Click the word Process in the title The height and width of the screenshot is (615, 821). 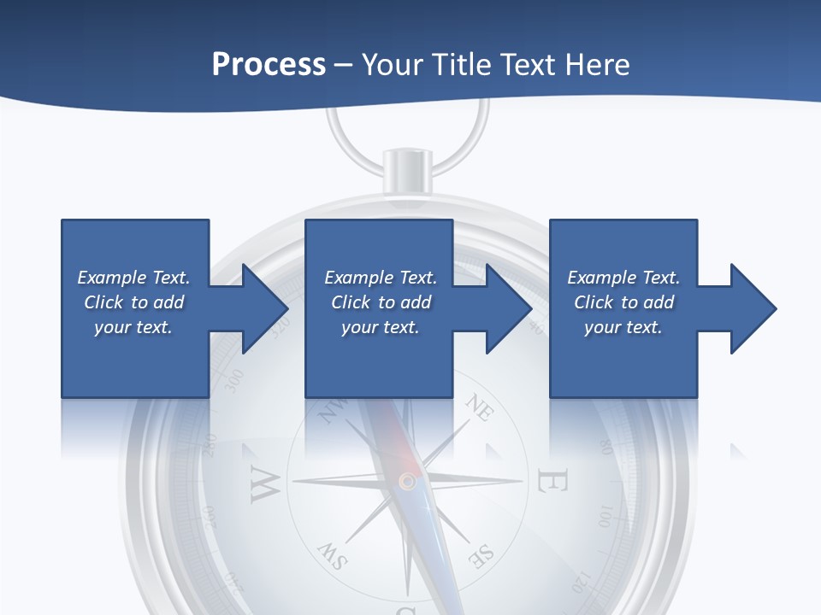(x=269, y=65)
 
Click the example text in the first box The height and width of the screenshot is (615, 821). (x=133, y=302)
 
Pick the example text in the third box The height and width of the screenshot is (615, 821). (x=623, y=302)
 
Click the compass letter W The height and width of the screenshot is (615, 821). (x=265, y=484)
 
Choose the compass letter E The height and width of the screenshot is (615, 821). (x=552, y=482)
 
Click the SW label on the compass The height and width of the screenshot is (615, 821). (x=333, y=557)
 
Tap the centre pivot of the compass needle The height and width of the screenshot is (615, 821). (x=407, y=482)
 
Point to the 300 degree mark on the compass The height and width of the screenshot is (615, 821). (x=233, y=382)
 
